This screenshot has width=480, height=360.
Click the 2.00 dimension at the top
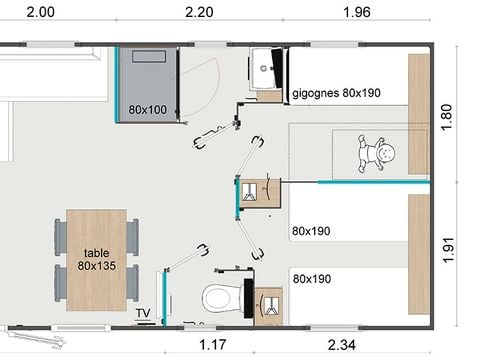(40, 12)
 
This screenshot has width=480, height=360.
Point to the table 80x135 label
(97, 259)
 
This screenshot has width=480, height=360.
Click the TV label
(144, 313)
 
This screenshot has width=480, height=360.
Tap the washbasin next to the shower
(269, 68)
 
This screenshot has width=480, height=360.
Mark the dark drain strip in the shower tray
(150, 57)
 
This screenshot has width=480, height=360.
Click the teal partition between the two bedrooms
(369, 182)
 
